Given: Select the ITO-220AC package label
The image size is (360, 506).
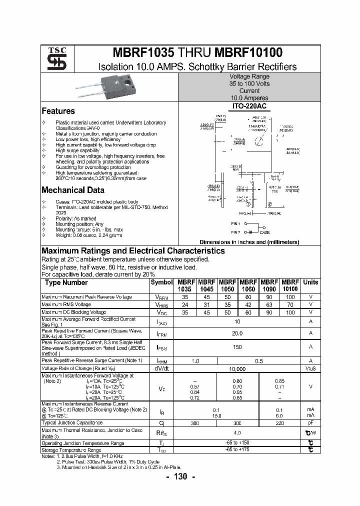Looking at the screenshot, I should click(x=249, y=106).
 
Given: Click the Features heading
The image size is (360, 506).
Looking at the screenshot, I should click(x=58, y=111).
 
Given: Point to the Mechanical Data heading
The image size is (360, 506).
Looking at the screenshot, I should click(x=73, y=190).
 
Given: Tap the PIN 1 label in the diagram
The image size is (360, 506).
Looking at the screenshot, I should click(x=236, y=223).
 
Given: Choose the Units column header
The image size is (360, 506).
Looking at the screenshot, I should click(x=310, y=282).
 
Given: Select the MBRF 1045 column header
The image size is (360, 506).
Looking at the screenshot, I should click(x=206, y=285).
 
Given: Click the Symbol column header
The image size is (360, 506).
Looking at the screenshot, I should click(x=161, y=282).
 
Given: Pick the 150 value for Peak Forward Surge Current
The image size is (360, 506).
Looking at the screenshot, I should click(x=237, y=347).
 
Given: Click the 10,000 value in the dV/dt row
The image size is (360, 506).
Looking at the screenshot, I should click(x=237, y=368).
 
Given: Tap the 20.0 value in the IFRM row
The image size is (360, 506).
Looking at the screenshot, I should click(x=237, y=333).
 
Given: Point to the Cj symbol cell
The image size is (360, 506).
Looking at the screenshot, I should click(x=161, y=422).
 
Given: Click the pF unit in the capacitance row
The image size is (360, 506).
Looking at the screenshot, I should click(x=310, y=422).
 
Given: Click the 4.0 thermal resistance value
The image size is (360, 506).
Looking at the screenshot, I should click(x=237, y=432).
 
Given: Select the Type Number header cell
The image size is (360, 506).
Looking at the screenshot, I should click(x=66, y=282).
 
